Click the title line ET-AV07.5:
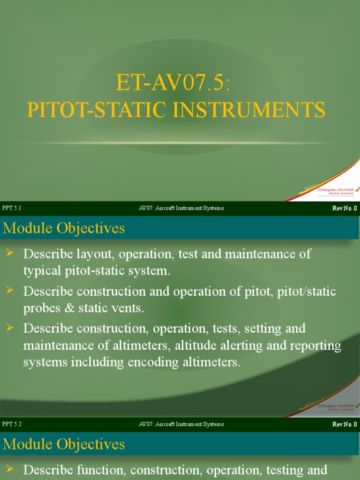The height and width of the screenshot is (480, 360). point(173,84)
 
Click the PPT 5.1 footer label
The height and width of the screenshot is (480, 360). point(12,208)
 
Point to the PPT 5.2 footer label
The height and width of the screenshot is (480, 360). point(12,424)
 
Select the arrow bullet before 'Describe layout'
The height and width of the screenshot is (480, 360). point(10,254)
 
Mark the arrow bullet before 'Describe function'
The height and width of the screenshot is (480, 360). point(10,469)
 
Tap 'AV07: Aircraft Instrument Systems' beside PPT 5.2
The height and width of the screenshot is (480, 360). point(181,424)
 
